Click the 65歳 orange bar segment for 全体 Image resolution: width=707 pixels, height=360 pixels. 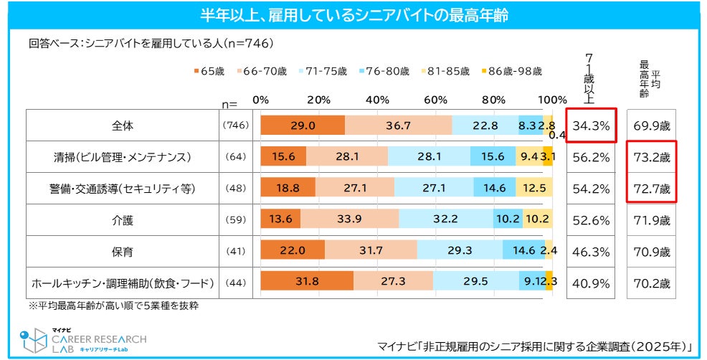tap(303, 125)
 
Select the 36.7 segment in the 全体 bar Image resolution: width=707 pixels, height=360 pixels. tap(398, 125)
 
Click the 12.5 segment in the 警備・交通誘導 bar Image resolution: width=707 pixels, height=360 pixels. tap(534, 189)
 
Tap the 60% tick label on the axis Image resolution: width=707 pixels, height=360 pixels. tap(435, 100)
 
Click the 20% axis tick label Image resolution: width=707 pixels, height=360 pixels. tap(318, 100)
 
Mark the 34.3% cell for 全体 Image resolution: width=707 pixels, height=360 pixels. tap(591, 126)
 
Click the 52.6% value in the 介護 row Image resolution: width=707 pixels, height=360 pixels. tap(591, 220)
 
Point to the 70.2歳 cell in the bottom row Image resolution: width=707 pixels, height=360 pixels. tap(651, 283)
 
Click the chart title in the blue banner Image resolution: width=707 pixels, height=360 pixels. tap(353, 14)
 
